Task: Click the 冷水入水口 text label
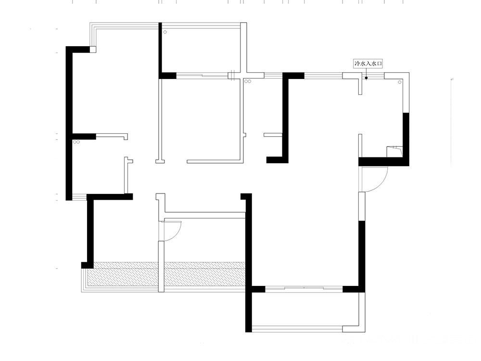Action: pos(368,64)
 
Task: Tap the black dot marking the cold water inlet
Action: pos(366,78)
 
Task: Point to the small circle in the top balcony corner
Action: pos(165,32)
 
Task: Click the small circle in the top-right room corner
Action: pos(400,82)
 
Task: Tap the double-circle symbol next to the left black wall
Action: pos(76,142)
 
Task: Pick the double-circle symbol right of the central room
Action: pos(248,81)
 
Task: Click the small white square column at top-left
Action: pos(93,50)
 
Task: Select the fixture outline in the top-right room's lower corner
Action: pos(394,152)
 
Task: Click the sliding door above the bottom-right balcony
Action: pos(304,288)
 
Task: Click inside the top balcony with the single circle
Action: pos(201,51)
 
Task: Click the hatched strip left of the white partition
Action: pos(123,274)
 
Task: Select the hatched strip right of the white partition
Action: pos(204,274)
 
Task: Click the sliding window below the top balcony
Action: pos(202,75)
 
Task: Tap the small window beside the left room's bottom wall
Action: pos(79,197)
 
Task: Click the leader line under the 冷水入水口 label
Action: pos(366,73)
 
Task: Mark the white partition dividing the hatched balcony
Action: pos(161,267)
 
